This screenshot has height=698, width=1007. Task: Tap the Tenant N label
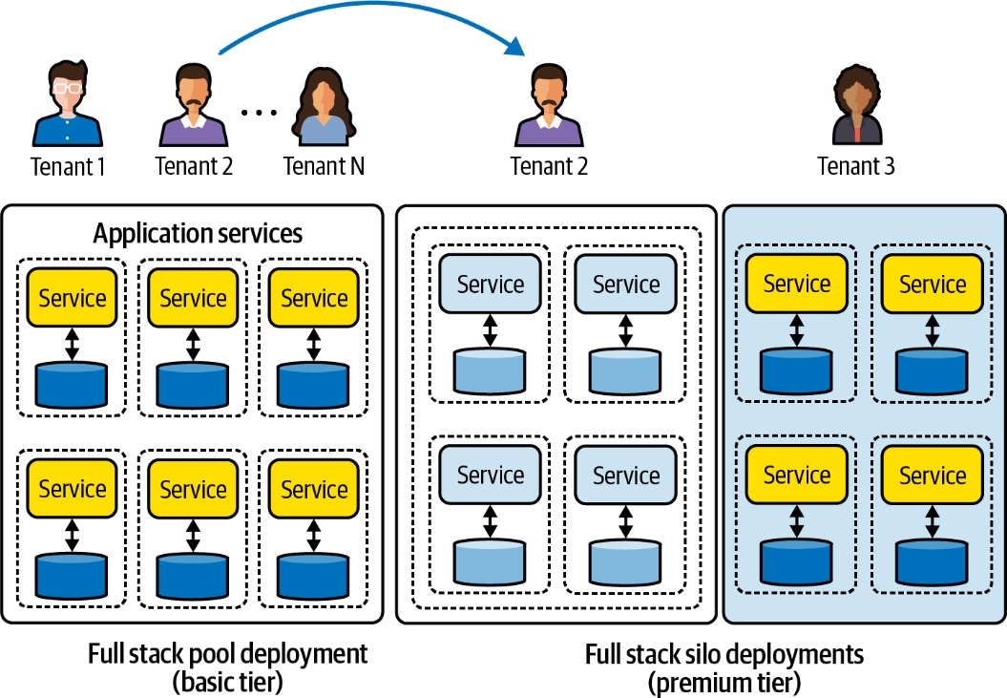coord(324,166)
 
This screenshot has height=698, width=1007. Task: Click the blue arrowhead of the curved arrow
coord(515,46)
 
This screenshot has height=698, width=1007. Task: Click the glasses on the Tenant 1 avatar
coord(67,87)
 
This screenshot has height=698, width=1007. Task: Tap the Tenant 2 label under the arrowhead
coord(549,166)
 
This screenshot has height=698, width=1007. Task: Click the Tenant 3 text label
coord(856,166)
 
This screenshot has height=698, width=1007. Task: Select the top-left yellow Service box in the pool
coord(73,298)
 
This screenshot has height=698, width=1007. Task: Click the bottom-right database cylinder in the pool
coord(313,574)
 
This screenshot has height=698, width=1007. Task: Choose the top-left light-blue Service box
coord(491,284)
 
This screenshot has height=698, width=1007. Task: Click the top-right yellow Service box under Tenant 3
coord(933,284)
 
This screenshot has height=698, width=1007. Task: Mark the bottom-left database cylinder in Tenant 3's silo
coord(796,561)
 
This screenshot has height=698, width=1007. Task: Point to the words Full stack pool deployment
coord(227,654)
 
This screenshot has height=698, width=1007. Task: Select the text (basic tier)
coord(227,683)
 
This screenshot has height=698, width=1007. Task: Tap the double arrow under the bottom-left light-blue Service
coord(491,521)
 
